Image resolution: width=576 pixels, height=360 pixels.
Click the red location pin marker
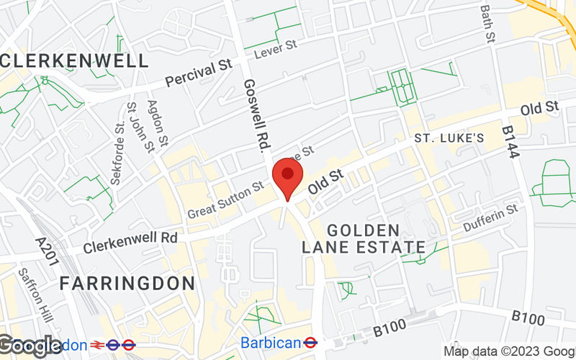(288, 176)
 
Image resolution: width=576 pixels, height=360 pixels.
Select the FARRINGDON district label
(127, 283)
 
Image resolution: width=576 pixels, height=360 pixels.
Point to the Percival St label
(197, 74)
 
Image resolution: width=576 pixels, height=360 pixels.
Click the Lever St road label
(276, 48)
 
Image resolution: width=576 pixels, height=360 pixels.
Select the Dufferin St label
(490, 218)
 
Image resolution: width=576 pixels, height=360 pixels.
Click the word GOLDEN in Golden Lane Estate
(363, 230)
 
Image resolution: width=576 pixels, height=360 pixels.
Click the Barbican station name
(269, 343)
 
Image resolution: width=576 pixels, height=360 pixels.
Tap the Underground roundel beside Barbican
(311, 343)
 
